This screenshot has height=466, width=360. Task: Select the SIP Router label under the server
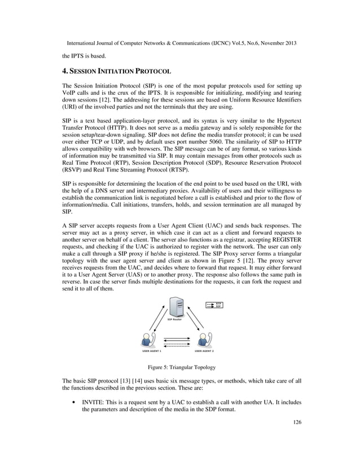177,319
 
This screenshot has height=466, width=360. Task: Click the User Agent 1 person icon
147,340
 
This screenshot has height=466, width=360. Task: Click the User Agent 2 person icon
204,340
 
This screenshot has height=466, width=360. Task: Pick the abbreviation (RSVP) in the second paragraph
73,170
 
